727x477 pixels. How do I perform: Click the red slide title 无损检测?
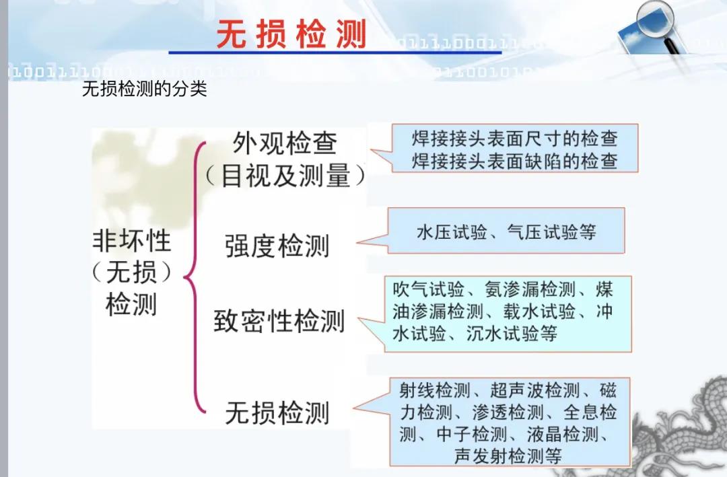point(291,34)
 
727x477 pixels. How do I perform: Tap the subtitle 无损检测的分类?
point(144,88)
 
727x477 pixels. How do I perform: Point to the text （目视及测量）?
point(285,176)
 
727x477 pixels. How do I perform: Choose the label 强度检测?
point(277,246)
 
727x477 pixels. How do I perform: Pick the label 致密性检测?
point(279,321)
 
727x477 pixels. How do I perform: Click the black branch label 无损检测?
point(277,412)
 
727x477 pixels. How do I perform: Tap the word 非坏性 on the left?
point(132,241)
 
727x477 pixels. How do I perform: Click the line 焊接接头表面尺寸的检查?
point(515,139)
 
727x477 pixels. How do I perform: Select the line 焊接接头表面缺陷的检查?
point(515,161)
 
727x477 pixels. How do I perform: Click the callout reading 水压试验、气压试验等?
point(506,231)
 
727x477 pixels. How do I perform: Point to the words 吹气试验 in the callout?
point(428,289)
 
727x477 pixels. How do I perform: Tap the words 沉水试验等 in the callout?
point(512,333)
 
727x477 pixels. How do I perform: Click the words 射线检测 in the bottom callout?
point(435,390)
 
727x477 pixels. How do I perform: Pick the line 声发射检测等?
point(508,455)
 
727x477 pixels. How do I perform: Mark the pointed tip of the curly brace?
point(185,278)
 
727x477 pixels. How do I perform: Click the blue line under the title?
point(335,52)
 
